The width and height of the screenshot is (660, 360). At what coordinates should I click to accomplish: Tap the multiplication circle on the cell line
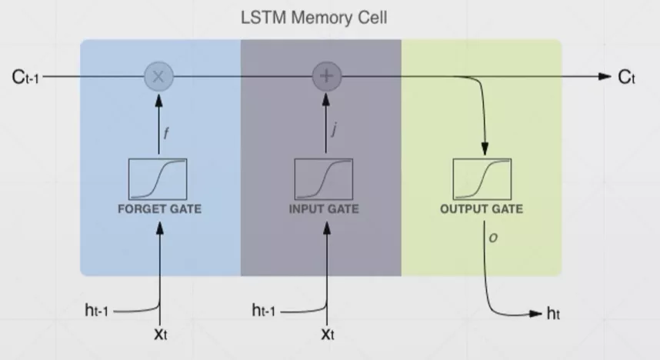[x=160, y=76]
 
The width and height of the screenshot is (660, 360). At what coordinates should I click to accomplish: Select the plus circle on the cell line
[x=326, y=76]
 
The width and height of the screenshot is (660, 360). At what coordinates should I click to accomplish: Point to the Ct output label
[x=626, y=77]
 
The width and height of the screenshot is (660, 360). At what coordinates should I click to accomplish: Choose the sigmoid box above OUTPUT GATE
[x=482, y=178]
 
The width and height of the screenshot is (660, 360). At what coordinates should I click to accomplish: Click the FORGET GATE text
[x=160, y=208]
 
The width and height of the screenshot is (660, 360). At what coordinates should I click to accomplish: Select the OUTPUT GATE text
[x=482, y=208]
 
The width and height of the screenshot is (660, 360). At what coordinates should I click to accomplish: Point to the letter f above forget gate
[x=167, y=132]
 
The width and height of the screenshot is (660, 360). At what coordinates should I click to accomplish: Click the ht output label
[x=553, y=313]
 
